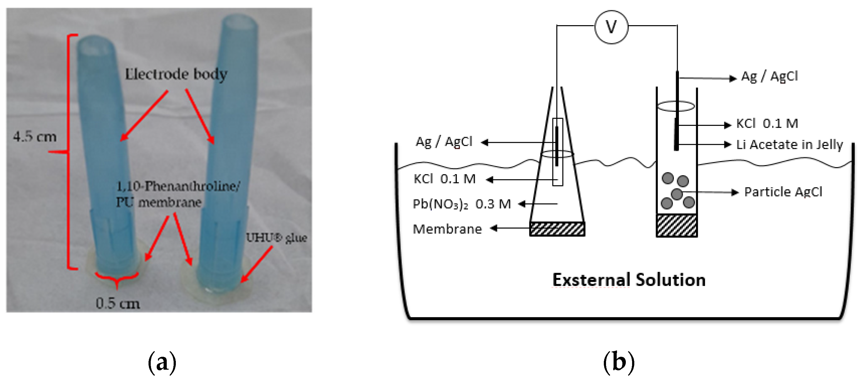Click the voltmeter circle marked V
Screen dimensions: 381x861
click(x=611, y=27)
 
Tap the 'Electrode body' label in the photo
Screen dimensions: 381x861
click(x=176, y=74)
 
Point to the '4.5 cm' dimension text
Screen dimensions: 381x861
click(x=35, y=137)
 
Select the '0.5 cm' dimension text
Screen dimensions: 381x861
click(x=118, y=303)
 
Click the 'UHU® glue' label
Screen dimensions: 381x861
click(x=276, y=238)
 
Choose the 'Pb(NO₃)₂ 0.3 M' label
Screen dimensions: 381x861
click(x=462, y=204)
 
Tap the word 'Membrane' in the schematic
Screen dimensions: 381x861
click(x=447, y=229)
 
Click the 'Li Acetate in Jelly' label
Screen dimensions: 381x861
click(x=789, y=145)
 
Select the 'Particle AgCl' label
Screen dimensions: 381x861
click(x=783, y=192)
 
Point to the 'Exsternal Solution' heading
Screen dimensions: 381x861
click(x=629, y=280)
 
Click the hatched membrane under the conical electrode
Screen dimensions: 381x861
click(x=557, y=229)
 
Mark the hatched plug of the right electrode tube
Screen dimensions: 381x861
click(x=676, y=225)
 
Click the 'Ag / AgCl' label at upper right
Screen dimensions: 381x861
click(x=769, y=76)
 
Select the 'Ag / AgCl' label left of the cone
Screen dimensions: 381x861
click(x=444, y=142)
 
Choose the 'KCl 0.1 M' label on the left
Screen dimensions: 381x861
click(x=445, y=179)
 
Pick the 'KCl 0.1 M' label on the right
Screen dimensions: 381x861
click(x=767, y=124)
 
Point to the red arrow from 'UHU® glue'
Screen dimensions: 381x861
click(x=257, y=265)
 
